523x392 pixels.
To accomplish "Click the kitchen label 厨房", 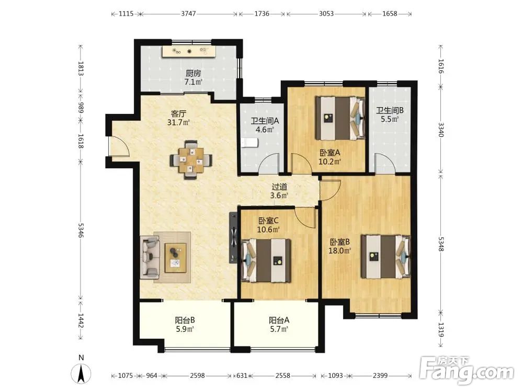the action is pyautogui.click(x=194, y=73).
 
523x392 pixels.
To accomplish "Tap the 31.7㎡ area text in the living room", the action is pyautogui.click(x=178, y=122).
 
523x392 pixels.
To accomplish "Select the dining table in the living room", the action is pyautogui.click(x=191, y=160).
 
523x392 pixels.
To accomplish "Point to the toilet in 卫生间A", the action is pyautogui.click(x=249, y=143).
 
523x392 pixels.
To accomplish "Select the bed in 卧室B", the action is pyautogui.click(x=386, y=257).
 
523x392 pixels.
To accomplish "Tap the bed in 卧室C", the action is pyautogui.click(x=266, y=260).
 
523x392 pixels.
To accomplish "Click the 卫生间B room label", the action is pyautogui.click(x=390, y=110).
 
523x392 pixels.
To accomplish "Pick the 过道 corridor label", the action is pyautogui.click(x=279, y=187).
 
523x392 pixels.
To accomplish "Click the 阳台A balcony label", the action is pyautogui.click(x=279, y=320).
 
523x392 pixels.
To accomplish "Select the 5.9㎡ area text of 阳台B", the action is pyautogui.click(x=185, y=329).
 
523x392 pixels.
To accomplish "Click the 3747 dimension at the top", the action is pyautogui.click(x=188, y=14).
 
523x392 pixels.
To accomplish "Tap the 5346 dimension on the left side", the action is pyautogui.click(x=81, y=230).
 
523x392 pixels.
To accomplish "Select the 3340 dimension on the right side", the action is pyautogui.click(x=441, y=130).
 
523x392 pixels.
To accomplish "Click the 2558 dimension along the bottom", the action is pyautogui.click(x=283, y=376).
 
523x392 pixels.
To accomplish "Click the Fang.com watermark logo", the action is pyautogui.click(x=467, y=370).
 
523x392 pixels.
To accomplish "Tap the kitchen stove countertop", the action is pyautogui.click(x=189, y=51).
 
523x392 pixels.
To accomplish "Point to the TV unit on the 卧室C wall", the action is pyautogui.click(x=233, y=238).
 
